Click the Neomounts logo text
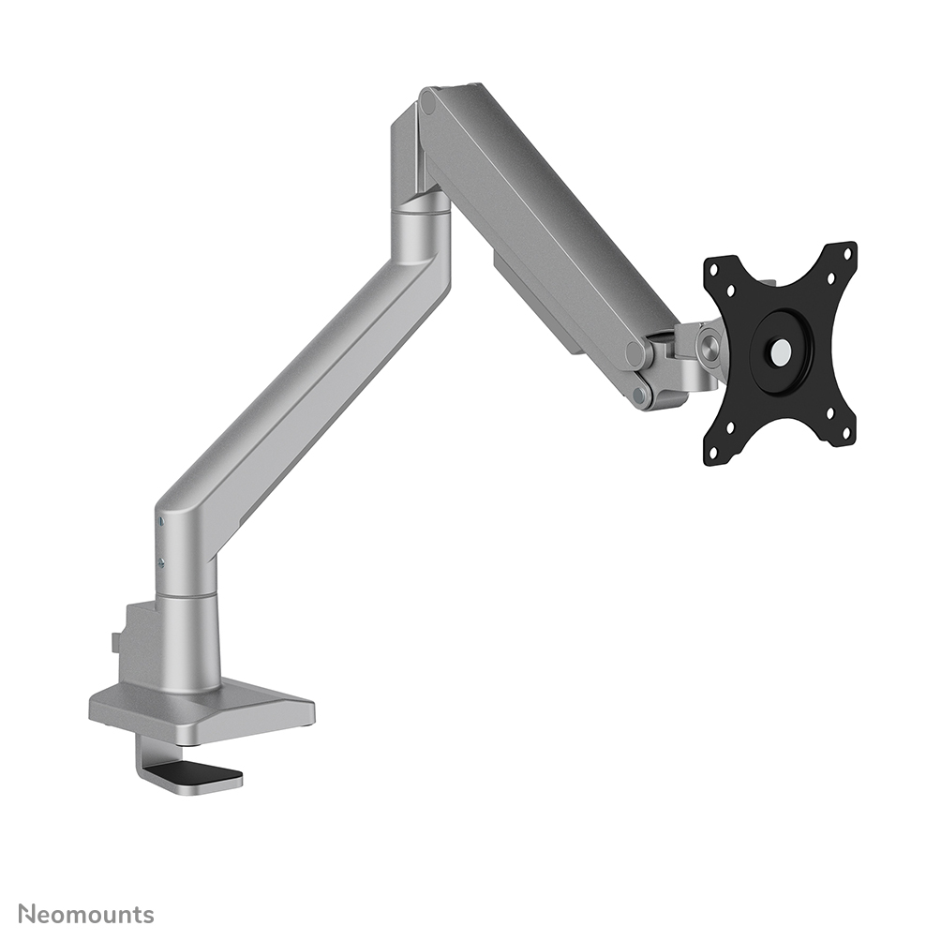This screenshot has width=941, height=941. [x=86, y=913]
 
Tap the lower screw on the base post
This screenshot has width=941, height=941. [x=161, y=562]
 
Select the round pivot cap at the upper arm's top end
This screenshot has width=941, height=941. [x=429, y=101]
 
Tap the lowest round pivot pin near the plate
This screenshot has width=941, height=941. [x=641, y=396]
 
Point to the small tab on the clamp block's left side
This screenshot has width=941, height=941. [x=115, y=642]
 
